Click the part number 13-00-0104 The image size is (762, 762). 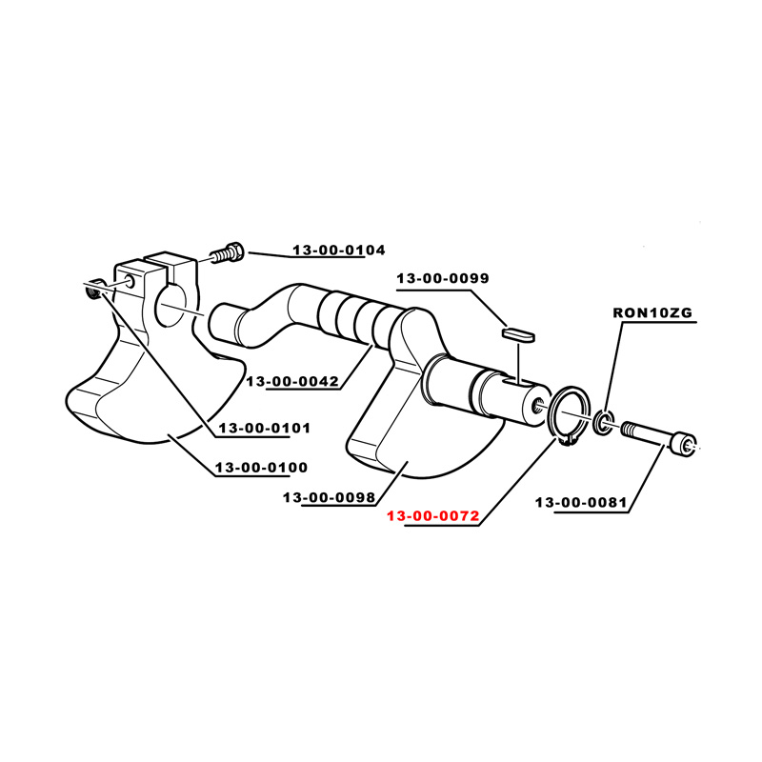click(338, 250)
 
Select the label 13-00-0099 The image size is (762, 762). click(443, 278)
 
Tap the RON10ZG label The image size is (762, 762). click(652, 312)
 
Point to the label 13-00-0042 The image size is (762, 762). click(292, 381)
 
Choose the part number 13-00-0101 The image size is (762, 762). click(265, 428)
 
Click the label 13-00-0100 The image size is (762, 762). click(261, 467)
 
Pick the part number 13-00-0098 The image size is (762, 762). click(329, 497)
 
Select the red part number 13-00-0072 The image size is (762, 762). click(433, 515)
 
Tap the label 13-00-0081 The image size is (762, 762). click(581, 502)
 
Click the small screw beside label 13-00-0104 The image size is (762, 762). click(228, 252)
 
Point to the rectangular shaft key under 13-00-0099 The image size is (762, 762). click(518, 334)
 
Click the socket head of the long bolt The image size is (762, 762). click(685, 445)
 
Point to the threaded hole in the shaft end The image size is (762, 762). click(537, 404)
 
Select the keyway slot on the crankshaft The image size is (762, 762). click(516, 381)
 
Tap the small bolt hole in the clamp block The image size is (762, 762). click(130, 280)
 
